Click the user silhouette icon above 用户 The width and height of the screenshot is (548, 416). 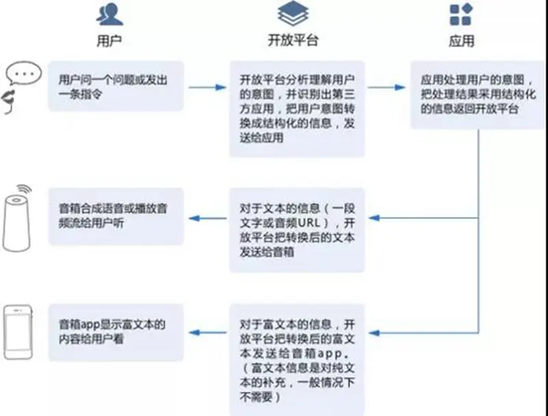click(110, 13)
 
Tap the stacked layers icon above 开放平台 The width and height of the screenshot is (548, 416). click(292, 13)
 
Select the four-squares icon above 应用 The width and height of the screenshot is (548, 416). click(461, 14)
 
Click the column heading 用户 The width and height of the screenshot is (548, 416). click(110, 40)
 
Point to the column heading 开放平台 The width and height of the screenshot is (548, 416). click(292, 40)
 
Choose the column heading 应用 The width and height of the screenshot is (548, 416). click(461, 40)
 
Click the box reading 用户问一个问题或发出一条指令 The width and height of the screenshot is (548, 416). click(116, 86)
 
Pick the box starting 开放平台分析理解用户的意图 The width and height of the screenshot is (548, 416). click(297, 108)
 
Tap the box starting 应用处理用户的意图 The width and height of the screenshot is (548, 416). click(477, 95)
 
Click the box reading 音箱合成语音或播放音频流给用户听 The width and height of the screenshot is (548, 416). click(116, 216)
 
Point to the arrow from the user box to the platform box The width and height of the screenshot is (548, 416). click(207, 87)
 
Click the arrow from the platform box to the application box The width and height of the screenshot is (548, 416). click(388, 87)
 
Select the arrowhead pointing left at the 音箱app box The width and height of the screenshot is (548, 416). click(194, 334)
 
